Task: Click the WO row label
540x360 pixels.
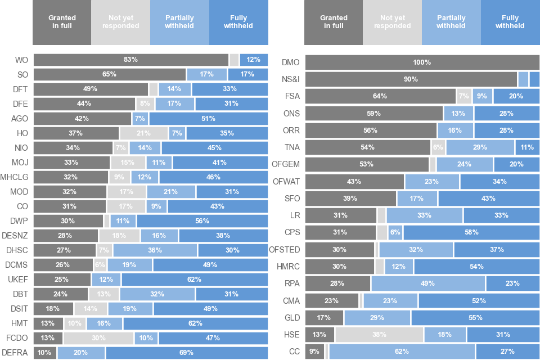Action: click(21, 60)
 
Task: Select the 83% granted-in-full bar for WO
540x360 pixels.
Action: click(131, 60)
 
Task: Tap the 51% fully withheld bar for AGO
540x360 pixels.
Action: click(208, 119)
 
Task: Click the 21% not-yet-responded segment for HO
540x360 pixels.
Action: click(143, 133)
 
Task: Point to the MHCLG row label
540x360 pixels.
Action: click(14, 177)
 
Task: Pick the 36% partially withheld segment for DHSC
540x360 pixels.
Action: click(155, 250)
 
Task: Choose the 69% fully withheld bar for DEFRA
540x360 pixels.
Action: click(187, 353)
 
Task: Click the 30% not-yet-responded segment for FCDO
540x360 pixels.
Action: click(98, 338)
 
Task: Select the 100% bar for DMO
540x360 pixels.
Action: click(422, 62)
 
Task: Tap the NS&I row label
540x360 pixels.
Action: click(291, 79)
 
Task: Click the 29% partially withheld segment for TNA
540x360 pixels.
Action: click(480, 147)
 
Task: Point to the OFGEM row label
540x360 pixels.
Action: click(286, 164)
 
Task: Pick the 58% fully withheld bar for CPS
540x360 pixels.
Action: click(471, 232)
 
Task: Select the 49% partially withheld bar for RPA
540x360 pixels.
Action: click(428, 283)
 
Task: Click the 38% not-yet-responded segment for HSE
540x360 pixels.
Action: click(379, 335)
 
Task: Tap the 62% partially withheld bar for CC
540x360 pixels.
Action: click(402, 352)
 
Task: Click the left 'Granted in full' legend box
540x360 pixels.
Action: click(62, 22)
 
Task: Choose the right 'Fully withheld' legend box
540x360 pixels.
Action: click(510, 22)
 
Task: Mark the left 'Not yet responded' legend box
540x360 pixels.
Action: click(120, 22)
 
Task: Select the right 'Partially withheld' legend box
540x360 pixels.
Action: click(451, 22)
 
